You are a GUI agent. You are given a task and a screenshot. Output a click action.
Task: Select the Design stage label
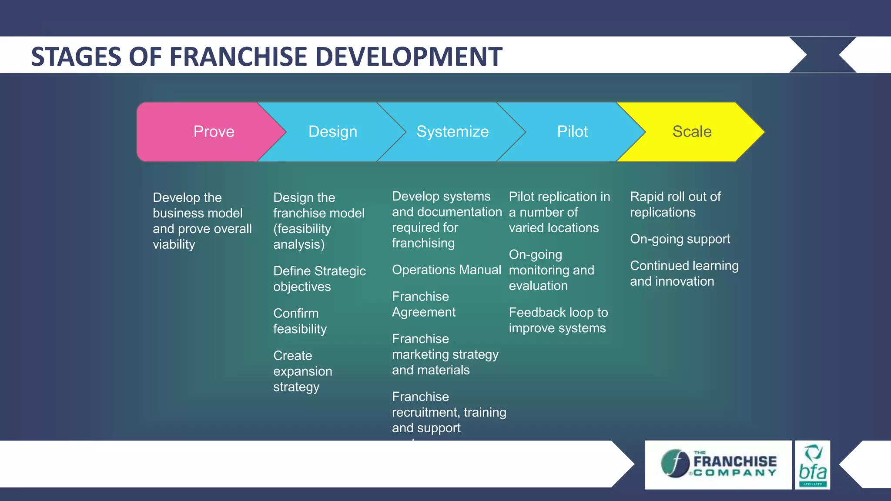pyautogui.click(x=333, y=132)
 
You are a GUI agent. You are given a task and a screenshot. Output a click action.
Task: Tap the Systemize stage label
pyautogui.click(x=452, y=132)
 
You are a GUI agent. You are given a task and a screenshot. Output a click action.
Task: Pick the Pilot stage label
pyautogui.click(x=572, y=132)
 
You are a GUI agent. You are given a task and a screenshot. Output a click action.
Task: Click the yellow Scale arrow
pyautogui.click(x=692, y=132)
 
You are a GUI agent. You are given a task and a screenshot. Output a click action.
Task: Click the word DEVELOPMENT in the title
pyautogui.click(x=409, y=57)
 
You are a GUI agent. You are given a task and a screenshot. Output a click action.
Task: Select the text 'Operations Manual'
pyautogui.click(x=446, y=270)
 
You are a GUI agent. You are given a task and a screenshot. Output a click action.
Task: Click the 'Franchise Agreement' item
pyautogui.click(x=423, y=304)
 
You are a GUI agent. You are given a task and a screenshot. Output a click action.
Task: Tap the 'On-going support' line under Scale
pyautogui.click(x=680, y=239)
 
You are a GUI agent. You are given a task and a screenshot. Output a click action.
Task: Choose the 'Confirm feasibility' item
pyautogui.click(x=299, y=321)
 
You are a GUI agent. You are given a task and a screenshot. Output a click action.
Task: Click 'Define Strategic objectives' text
pyautogui.click(x=319, y=279)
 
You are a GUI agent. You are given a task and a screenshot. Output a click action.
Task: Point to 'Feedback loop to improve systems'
pyautogui.click(x=558, y=320)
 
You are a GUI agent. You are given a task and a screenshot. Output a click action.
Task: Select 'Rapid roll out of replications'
pyautogui.click(x=675, y=204)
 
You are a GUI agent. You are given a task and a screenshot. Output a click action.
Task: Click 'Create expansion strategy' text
pyautogui.click(x=302, y=371)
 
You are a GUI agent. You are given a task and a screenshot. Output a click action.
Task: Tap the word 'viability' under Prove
pyautogui.click(x=174, y=244)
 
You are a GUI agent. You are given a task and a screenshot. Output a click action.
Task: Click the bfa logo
pyautogui.click(x=812, y=465)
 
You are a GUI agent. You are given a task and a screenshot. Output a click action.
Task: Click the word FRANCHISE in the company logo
pyautogui.click(x=735, y=461)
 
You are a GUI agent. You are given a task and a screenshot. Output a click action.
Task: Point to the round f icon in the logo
pyautogui.click(x=675, y=464)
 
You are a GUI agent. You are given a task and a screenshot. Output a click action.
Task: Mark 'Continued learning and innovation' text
pyautogui.click(x=683, y=274)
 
